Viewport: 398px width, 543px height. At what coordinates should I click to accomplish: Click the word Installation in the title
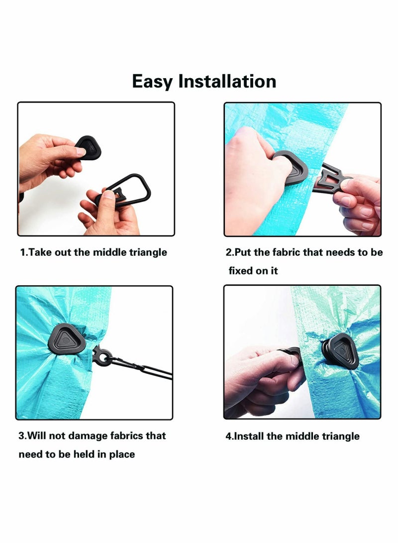point(227,81)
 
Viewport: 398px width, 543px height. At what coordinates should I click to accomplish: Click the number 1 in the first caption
point(22,252)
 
